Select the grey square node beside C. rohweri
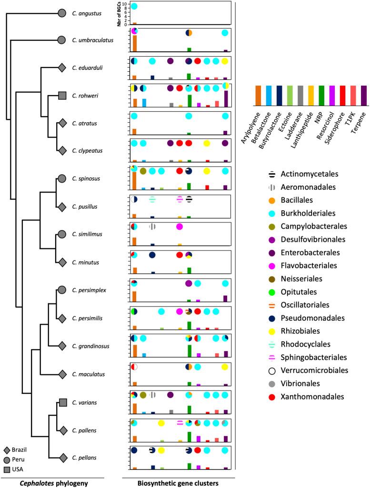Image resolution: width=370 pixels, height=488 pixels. [x=61, y=96]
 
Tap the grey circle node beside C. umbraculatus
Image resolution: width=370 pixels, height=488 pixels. [x=61, y=41]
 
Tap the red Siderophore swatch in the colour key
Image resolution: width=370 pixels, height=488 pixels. [x=342, y=92]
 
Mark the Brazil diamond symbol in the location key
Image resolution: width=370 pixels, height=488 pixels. [x=6, y=450]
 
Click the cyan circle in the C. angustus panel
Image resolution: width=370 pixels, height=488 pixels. [x=134, y=6]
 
